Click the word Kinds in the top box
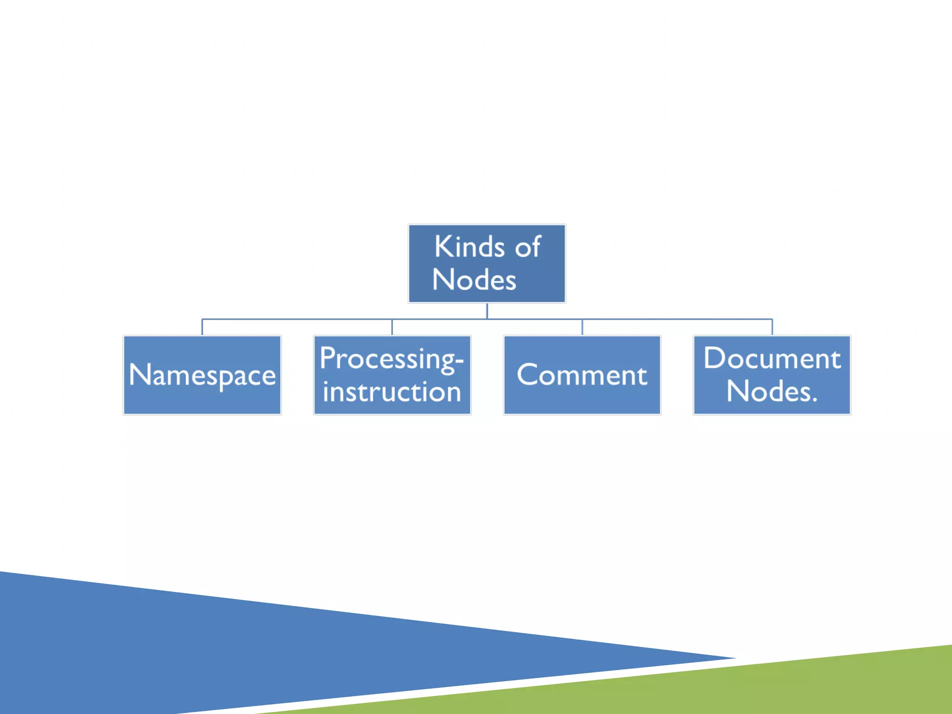[469, 247]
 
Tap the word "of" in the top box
[528, 248]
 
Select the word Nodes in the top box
[474, 280]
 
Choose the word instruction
[391, 392]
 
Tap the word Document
[772, 358]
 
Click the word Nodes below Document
[768, 391]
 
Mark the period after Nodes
[814, 400]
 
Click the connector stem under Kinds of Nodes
[487, 311]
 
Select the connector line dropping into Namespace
[202, 327]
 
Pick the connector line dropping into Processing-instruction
[392, 327]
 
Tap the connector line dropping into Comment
[582, 327]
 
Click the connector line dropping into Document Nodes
[772, 327]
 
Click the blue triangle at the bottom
[232, 651]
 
